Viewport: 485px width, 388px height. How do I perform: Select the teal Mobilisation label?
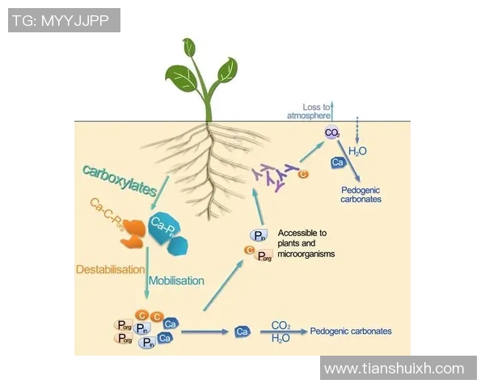(x=177, y=280)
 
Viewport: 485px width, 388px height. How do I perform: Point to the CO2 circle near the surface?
(x=332, y=133)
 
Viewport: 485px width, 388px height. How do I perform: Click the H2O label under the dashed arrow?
(x=357, y=150)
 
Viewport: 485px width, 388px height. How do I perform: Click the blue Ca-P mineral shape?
(x=166, y=230)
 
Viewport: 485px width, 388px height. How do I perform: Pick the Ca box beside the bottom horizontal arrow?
(x=241, y=331)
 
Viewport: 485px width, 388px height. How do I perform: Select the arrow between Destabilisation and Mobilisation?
(x=146, y=275)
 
